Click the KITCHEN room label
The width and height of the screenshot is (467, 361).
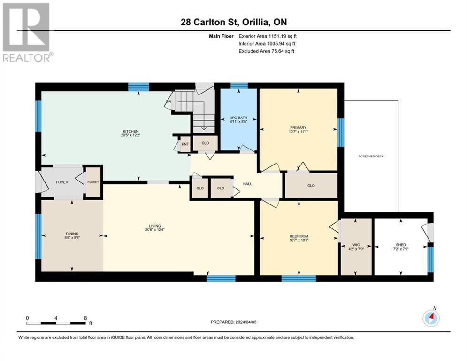point(131,131)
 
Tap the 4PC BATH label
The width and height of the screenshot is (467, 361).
point(238,118)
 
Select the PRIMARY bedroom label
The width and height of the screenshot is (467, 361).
point(298,128)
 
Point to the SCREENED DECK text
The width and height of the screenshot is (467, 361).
point(371,157)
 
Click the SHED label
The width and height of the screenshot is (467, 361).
point(400,245)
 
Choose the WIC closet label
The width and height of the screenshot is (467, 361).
point(356,245)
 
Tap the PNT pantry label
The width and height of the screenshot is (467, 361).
point(185,144)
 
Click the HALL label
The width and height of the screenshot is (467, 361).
point(247,184)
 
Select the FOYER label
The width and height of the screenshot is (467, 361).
point(62,182)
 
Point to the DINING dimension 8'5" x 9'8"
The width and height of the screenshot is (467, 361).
point(72,238)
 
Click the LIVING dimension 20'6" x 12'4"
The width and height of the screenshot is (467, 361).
point(155,230)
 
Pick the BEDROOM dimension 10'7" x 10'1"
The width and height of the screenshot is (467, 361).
point(299,240)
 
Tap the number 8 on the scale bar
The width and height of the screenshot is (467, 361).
point(85,318)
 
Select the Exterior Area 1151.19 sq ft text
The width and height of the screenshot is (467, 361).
point(268,36)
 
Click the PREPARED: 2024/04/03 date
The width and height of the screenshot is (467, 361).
point(234,322)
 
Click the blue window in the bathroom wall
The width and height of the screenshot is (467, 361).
point(239,86)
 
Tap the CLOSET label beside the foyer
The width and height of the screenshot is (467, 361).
point(93,182)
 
